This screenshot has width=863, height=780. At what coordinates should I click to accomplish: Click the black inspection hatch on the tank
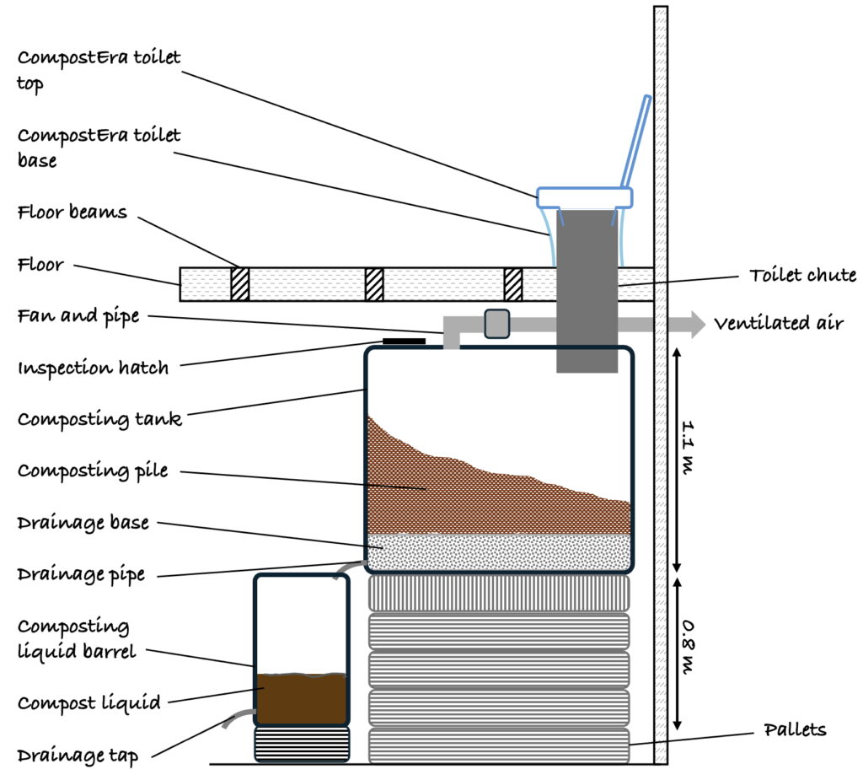(x=405, y=342)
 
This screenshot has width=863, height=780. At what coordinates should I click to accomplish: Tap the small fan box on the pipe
(x=497, y=324)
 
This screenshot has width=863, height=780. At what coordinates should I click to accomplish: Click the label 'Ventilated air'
(x=778, y=324)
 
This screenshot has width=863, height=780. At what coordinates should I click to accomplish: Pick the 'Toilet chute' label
(x=802, y=275)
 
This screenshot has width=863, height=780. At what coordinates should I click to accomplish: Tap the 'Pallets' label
(x=795, y=729)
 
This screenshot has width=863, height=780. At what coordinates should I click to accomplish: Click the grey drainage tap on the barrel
(x=238, y=718)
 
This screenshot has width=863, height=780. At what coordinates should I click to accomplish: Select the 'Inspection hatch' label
(x=93, y=368)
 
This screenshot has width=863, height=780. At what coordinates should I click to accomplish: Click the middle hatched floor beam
(x=374, y=283)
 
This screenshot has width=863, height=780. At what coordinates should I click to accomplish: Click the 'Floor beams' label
(x=72, y=212)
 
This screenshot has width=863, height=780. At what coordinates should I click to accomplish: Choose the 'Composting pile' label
(x=93, y=471)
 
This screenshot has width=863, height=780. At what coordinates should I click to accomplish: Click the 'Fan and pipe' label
(x=78, y=317)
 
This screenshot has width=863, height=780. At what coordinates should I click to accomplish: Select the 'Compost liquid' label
(x=88, y=702)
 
